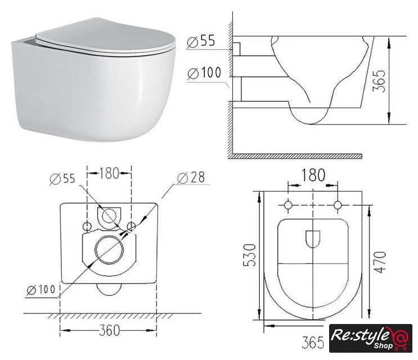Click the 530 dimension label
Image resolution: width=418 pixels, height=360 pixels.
point(250,255)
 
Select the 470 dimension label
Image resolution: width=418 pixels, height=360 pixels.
point(380,262)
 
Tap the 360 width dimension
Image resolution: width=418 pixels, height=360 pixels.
point(109,330)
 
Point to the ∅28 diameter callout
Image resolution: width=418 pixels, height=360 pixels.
point(191,177)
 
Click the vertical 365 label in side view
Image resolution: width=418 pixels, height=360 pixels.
point(379,81)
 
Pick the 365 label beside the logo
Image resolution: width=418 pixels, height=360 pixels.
point(313,342)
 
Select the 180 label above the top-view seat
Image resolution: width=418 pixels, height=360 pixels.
point(313,175)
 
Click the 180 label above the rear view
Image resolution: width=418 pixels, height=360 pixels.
point(109,173)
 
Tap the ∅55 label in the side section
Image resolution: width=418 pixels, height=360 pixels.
point(201,42)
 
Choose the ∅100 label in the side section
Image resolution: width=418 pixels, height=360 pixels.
point(204,73)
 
